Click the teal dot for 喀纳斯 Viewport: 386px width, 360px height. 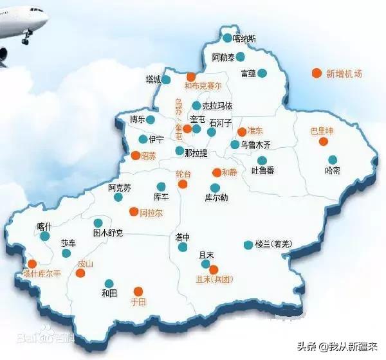[x=228, y=38]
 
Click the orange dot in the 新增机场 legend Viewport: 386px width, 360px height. [x=316, y=73]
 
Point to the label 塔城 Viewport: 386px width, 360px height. [x=153, y=80]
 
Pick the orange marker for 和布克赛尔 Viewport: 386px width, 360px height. [x=191, y=76]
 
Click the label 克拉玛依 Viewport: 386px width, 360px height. [x=217, y=105]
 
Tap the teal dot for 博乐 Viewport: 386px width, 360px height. [x=151, y=120]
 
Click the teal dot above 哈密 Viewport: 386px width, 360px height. [x=333, y=159]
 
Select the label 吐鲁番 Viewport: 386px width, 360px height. [x=262, y=170]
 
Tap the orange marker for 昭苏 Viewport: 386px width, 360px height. [x=135, y=156]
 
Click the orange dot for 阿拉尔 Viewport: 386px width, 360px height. [x=134, y=212]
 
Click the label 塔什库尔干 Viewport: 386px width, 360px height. [x=41, y=273]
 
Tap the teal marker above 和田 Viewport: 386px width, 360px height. [x=109, y=283]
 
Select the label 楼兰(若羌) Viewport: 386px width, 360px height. [x=273, y=244]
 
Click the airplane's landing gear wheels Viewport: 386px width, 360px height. [x=26, y=39]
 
